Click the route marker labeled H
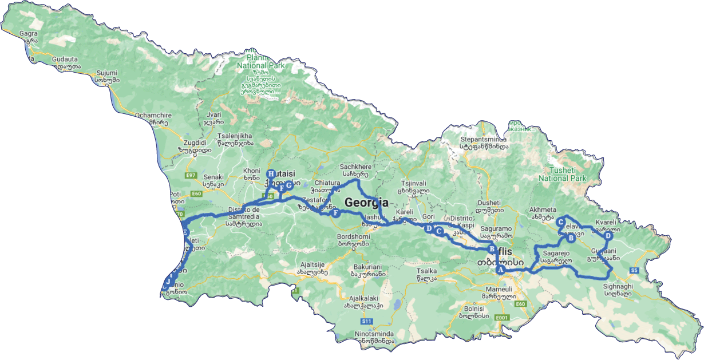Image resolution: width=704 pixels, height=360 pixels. pyautogui.click(x=271, y=174)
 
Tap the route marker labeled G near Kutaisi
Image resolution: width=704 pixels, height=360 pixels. pyautogui.click(x=290, y=185)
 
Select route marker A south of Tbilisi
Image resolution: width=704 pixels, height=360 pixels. pyautogui.click(x=500, y=270)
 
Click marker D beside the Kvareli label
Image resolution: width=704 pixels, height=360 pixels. pyautogui.click(x=608, y=236)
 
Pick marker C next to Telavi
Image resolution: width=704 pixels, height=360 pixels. pyautogui.click(x=561, y=223)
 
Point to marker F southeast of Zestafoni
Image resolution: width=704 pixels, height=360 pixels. pyautogui.click(x=336, y=213)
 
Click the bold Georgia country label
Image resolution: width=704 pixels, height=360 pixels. pyautogui.click(x=366, y=203)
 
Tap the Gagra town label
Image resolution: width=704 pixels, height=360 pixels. pyautogui.click(x=28, y=34)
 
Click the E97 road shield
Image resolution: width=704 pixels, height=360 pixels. pyautogui.click(x=191, y=175)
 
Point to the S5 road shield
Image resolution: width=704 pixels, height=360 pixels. pyautogui.click(x=634, y=270)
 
